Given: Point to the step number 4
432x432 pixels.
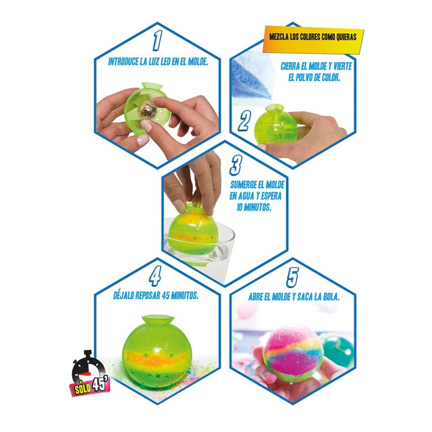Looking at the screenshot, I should (x=155, y=277).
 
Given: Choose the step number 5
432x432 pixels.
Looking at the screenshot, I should (x=292, y=277).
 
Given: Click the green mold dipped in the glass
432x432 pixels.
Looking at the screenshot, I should (x=192, y=228).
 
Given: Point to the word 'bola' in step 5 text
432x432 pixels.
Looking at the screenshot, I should (x=327, y=296).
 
